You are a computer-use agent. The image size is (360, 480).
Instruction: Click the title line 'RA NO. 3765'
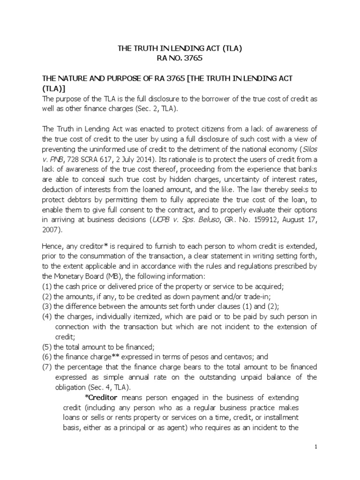pos(180,58)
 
